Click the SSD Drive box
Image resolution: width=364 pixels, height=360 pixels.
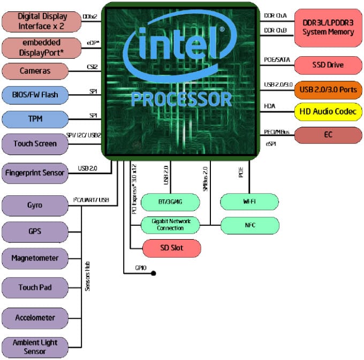328,65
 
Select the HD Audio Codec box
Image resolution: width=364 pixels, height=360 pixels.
328,112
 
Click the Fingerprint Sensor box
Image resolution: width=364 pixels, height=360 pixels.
35,173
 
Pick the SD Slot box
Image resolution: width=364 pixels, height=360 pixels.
171,248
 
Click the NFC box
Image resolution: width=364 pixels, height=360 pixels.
249,225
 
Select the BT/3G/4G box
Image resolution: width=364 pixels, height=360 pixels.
171,202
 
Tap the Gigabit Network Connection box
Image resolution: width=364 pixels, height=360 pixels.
171,225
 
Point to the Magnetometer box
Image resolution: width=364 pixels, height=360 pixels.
35,258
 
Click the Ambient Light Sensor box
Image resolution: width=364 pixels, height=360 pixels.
35,347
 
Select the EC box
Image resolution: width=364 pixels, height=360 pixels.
328,135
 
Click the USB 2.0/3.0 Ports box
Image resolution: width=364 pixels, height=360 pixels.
328,89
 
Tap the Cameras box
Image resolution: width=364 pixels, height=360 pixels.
35,71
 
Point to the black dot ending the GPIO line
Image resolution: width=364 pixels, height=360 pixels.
153,273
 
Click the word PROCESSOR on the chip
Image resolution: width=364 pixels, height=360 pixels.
181,99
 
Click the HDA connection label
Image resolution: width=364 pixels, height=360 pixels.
270,106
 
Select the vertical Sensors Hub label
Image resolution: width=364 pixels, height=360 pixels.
87,276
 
